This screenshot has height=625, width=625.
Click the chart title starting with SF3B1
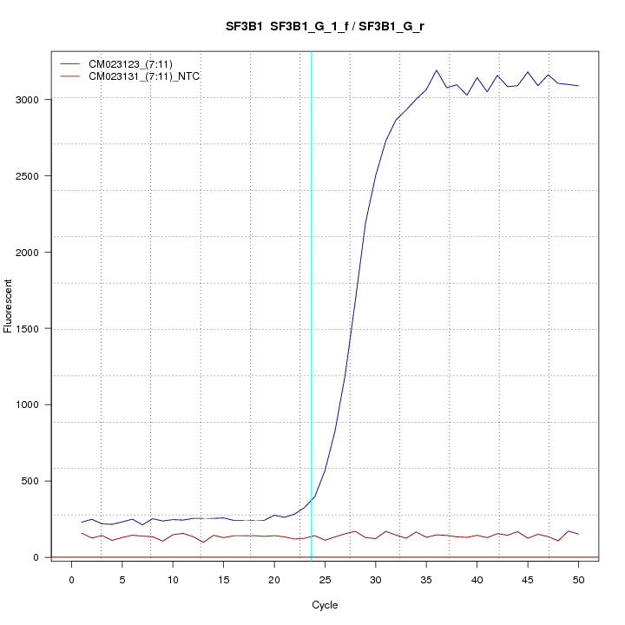point(325,27)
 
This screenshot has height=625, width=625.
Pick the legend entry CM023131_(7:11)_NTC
point(144,76)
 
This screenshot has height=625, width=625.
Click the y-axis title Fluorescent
point(10,306)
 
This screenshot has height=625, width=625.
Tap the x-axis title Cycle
point(325,605)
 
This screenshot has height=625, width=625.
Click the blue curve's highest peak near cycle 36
point(437,70)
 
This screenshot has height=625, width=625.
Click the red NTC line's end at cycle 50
point(578,534)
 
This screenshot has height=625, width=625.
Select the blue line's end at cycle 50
point(578,86)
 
